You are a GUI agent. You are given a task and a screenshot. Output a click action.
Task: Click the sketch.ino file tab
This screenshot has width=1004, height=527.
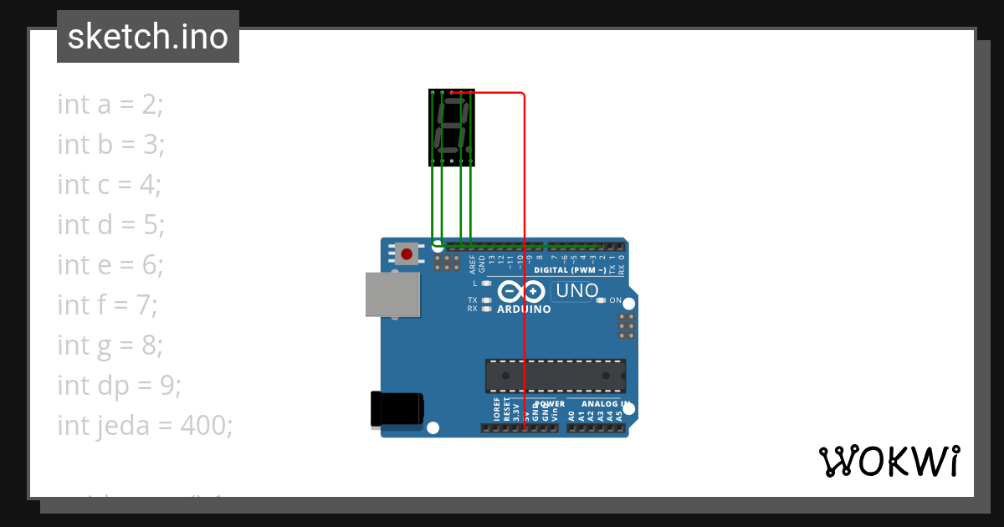[148, 37]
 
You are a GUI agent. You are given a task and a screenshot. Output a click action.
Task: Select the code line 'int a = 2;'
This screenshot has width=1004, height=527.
[110, 105]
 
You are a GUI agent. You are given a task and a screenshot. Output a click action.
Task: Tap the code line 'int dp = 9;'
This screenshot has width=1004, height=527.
[119, 386]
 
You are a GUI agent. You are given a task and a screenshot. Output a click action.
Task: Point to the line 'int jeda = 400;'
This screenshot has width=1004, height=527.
[145, 426]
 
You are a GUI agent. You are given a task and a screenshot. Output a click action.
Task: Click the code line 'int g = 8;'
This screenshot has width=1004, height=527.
[110, 345]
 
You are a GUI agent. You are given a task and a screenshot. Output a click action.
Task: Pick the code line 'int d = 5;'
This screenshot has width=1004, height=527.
[111, 225]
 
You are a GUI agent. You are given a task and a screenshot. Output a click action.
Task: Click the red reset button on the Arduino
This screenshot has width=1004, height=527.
[407, 253]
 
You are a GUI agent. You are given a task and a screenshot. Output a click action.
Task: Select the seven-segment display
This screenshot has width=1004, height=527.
[452, 125]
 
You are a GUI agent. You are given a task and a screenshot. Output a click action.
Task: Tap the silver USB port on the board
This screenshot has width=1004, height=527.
[392, 294]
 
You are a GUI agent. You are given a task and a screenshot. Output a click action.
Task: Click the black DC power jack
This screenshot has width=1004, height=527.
[397, 410]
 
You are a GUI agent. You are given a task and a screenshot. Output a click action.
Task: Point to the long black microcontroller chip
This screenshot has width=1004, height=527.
[556, 376]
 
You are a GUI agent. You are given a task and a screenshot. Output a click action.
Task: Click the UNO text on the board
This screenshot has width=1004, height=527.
[578, 291]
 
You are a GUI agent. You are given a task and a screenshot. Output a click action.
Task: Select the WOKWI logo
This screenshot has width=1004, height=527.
[889, 461]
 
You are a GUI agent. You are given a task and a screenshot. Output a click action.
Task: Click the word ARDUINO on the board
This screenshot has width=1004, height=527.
[525, 310]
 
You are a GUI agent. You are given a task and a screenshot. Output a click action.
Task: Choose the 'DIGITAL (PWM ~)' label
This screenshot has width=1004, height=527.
[571, 270]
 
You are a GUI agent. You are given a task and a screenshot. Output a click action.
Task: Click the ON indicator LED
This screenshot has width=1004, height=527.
[600, 300]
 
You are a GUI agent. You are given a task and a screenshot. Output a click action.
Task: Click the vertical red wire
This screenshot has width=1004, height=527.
[525, 251]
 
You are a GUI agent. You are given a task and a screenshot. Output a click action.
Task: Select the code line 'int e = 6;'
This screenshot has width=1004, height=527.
[110, 265]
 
